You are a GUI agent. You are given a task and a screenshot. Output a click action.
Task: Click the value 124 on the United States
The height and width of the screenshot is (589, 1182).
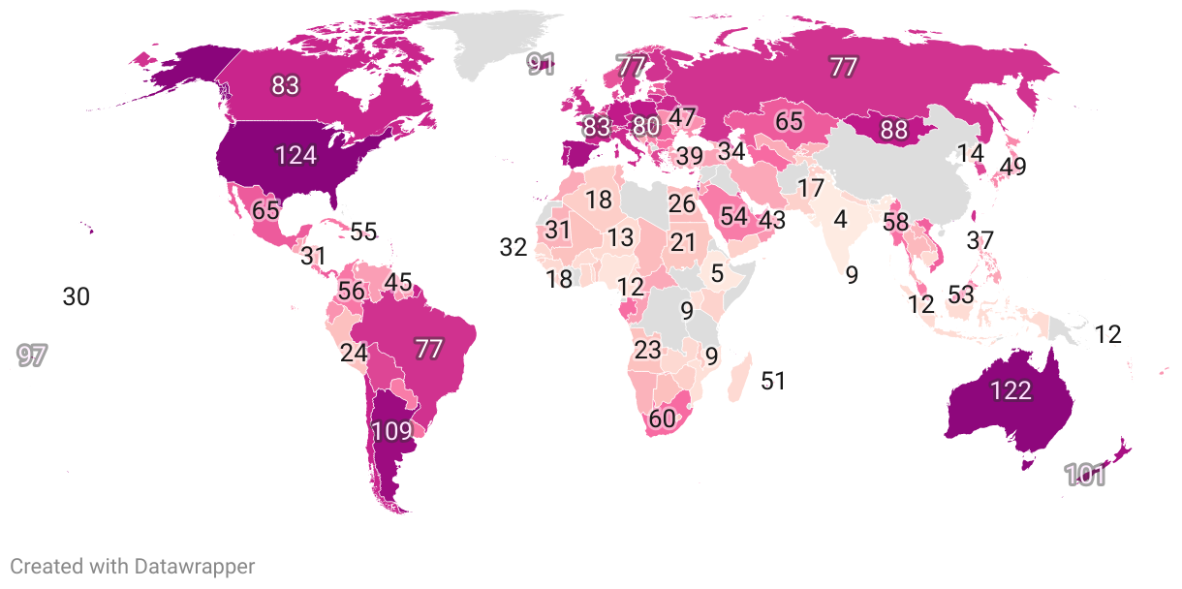point(295,155)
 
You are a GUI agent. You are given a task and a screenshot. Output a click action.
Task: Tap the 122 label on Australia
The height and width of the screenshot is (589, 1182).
point(1011,390)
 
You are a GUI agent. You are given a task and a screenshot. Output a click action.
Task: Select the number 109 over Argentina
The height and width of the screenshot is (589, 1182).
point(392,431)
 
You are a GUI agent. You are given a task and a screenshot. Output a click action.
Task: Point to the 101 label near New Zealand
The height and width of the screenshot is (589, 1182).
point(1085,476)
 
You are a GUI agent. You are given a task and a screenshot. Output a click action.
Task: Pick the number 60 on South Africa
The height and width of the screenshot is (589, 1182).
point(662,419)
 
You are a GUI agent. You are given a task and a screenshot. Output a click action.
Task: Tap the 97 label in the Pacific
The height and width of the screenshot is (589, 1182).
point(32,356)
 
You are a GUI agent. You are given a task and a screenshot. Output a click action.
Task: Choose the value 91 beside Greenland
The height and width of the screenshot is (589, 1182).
point(541,65)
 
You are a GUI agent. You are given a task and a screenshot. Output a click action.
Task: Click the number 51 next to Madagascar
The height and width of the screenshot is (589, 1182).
point(772,381)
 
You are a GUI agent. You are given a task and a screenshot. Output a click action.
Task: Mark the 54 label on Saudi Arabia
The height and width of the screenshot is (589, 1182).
point(733,217)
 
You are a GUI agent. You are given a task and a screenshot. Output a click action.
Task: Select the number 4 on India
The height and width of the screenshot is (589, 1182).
point(840,219)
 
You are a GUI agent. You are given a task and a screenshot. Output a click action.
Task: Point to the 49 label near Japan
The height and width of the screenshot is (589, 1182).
point(1012,167)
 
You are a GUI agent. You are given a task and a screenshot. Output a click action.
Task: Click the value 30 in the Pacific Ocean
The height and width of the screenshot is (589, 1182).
point(76,297)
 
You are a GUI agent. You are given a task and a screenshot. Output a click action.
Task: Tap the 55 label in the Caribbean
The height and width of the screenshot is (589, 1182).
point(363,232)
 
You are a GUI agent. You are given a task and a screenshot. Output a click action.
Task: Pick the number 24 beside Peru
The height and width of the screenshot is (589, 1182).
point(354,354)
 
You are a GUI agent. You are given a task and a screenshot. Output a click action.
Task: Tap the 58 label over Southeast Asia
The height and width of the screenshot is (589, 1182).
point(896,222)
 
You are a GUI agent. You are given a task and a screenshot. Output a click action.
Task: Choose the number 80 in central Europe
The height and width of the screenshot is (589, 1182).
point(646,126)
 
